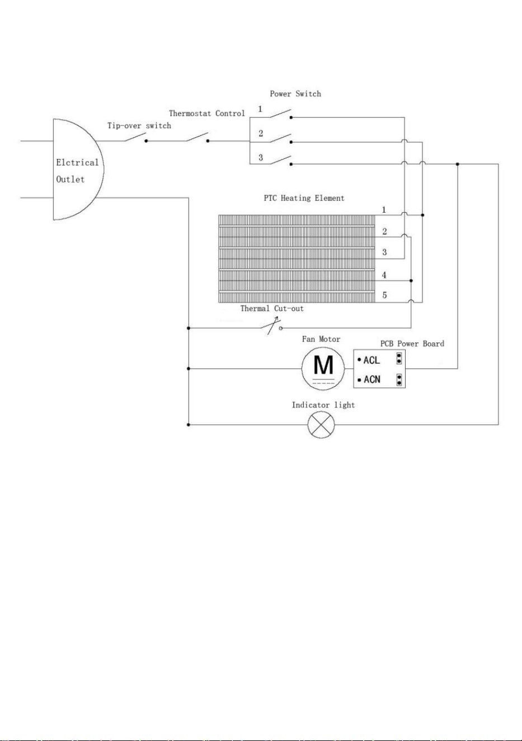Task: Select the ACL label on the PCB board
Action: pos(371,360)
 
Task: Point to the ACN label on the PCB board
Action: pos(372,379)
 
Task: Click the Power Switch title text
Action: pos(295,93)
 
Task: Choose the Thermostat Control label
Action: pos(207,113)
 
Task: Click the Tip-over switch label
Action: pos(139,126)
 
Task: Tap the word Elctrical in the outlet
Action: pos(77,162)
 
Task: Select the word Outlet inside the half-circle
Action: pos(70,179)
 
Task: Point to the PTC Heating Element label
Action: pos(304,198)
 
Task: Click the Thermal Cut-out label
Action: pos(272,308)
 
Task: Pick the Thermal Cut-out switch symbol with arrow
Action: pos(273,326)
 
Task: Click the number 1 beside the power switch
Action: pos(260,109)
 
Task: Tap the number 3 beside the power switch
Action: pos(261,157)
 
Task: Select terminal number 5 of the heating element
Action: pos(384,295)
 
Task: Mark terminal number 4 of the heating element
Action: pos(384,275)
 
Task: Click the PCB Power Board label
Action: pos(412,344)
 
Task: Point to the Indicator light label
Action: pos(323,405)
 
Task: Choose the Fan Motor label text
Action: pos(321,339)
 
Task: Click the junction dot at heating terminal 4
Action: pos(411,280)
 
